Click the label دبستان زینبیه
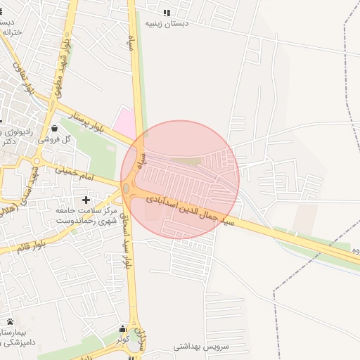coord(167,23)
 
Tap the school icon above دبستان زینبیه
coord(167,13)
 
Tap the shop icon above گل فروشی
coord(55,128)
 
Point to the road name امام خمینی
coord(70,169)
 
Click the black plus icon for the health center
coord(86,200)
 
